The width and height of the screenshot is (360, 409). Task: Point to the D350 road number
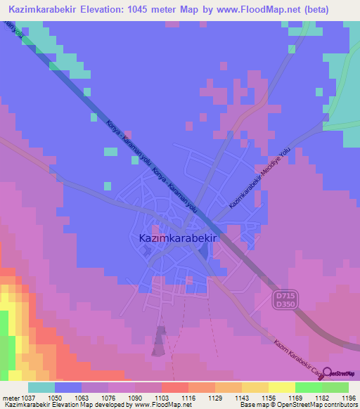[284, 304]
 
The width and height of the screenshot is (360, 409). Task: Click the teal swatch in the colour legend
[41, 387]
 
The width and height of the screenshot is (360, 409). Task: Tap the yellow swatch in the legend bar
[282, 387]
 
